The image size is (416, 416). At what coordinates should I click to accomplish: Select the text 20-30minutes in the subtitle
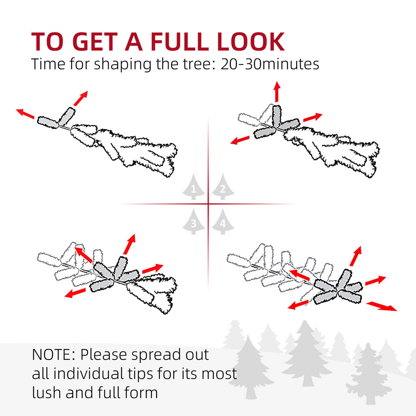pyautogui.click(x=270, y=64)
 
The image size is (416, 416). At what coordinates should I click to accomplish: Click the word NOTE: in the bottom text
pyautogui.click(x=53, y=355)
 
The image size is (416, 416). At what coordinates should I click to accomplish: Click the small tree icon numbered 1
pyautogui.click(x=194, y=187)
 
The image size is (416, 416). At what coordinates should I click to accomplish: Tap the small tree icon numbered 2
pyautogui.click(x=223, y=187)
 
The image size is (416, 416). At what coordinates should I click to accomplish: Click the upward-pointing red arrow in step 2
pyautogui.click(x=277, y=92)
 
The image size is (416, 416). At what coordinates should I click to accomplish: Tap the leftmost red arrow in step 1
pyautogui.click(x=25, y=114)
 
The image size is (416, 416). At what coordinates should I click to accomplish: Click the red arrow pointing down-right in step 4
pyautogui.click(x=381, y=306)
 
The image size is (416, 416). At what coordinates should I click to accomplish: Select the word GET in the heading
pyautogui.click(x=96, y=42)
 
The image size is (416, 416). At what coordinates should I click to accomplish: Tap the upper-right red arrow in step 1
pyautogui.click(x=81, y=98)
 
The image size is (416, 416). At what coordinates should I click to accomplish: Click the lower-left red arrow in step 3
pyautogui.click(x=75, y=293)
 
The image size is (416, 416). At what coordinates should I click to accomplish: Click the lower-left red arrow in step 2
pyautogui.click(x=240, y=140)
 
